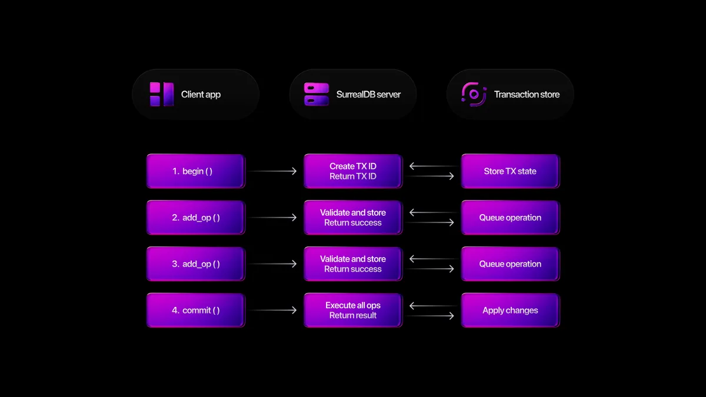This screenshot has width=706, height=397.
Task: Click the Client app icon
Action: tap(162, 94)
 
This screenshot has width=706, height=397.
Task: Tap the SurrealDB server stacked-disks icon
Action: tap(317, 94)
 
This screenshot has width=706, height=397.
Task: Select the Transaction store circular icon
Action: tap(474, 94)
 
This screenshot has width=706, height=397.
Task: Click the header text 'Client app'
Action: tap(201, 94)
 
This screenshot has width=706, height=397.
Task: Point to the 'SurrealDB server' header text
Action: tap(368, 94)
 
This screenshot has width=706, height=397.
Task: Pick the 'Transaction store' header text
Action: tap(527, 94)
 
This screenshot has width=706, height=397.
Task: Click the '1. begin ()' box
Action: tap(195, 171)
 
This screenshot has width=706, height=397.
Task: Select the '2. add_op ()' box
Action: tap(195, 218)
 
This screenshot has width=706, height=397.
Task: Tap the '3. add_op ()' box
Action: tap(195, 264)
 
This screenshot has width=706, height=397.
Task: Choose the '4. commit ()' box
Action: tap(195, 311)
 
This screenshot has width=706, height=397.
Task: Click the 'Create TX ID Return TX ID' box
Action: tap(353, 171)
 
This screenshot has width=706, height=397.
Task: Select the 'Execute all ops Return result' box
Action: tap(353, 311)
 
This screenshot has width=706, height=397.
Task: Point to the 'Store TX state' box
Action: tap(510, 171)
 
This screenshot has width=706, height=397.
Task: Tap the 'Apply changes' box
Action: tap(510, 311)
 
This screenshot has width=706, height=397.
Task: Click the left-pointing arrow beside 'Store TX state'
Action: tap(432, 166)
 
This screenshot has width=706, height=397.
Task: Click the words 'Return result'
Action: tap(353, 316)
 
